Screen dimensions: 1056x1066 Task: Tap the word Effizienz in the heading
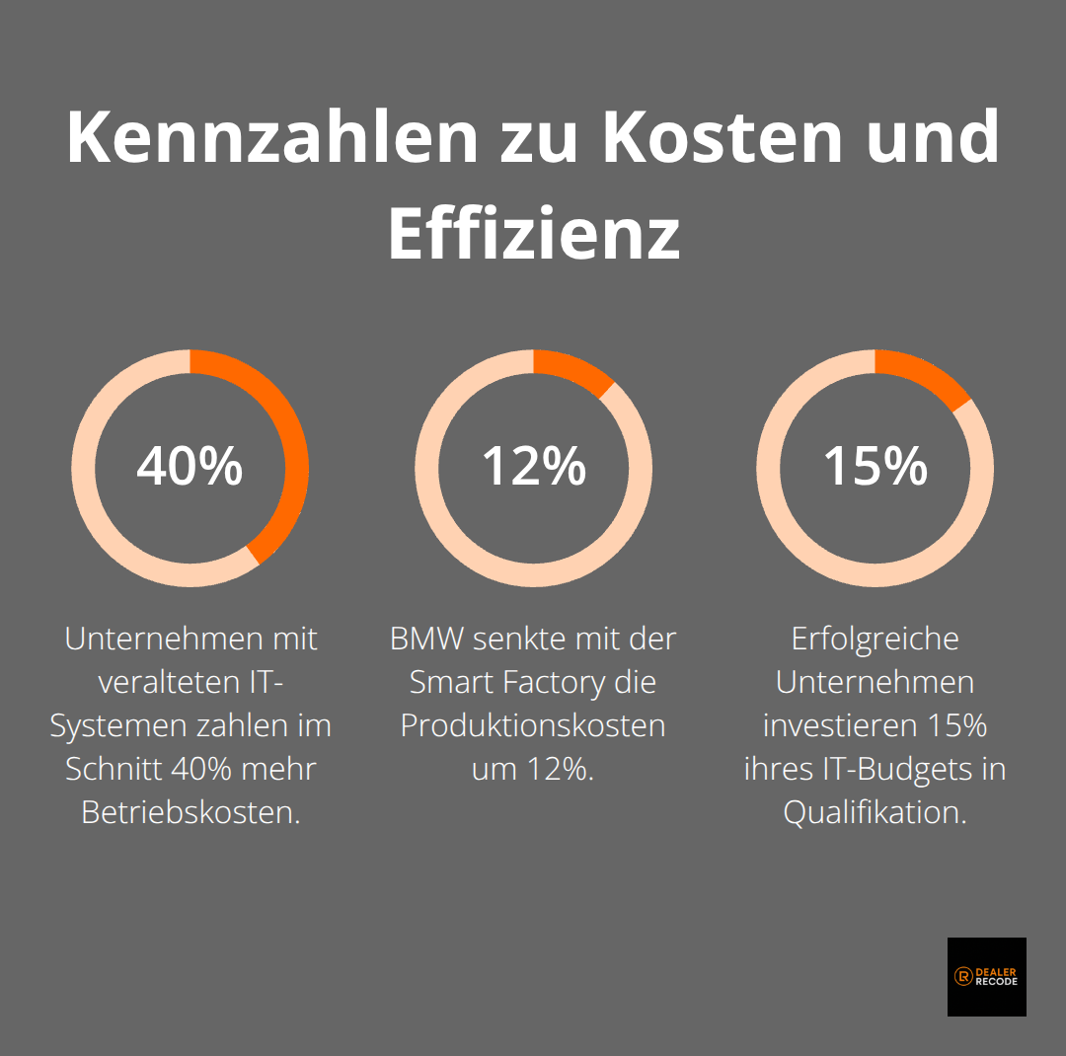pos(533,234)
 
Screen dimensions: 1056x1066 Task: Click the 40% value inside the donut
pos(190,467)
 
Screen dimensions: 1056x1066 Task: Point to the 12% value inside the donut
pos(533,467)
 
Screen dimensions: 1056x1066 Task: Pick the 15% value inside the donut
pos(876,467)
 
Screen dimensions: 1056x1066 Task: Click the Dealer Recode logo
pos(986,976)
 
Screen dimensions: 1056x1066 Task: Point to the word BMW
pos(426,639)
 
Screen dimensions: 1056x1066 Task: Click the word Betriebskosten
pos(190,812)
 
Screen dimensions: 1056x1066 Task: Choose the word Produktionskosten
pos(533,725)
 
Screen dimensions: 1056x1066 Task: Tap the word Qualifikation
pos(876,812)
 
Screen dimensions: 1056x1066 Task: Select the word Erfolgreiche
pos(876,639)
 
